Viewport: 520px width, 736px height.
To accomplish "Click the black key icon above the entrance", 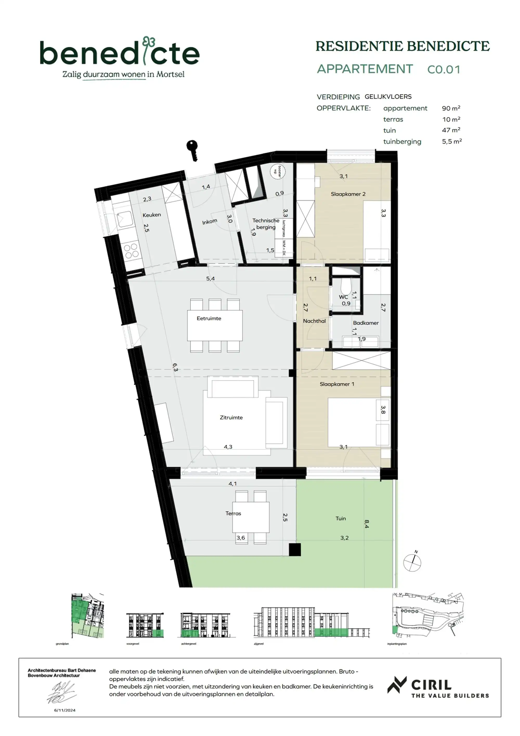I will [192, 150].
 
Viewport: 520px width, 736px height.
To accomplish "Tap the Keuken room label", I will [152, 215].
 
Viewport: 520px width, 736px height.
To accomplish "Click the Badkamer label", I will [366, 323].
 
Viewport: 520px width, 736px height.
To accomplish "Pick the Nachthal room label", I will [314, 321].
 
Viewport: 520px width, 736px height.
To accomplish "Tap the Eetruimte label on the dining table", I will [209, 318].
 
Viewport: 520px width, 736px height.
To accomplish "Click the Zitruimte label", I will [231, 417].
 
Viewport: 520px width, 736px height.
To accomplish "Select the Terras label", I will [233, 513].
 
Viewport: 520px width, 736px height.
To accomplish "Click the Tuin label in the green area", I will [340, 518].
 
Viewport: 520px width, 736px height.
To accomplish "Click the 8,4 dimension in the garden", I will [367, 524].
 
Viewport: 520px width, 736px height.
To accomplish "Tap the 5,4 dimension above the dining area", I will [210, 279].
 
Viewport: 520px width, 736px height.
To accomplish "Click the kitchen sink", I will [124, 219].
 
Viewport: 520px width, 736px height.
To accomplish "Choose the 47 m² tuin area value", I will [451, 130].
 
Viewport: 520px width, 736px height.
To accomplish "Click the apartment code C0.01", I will [444, 70].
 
